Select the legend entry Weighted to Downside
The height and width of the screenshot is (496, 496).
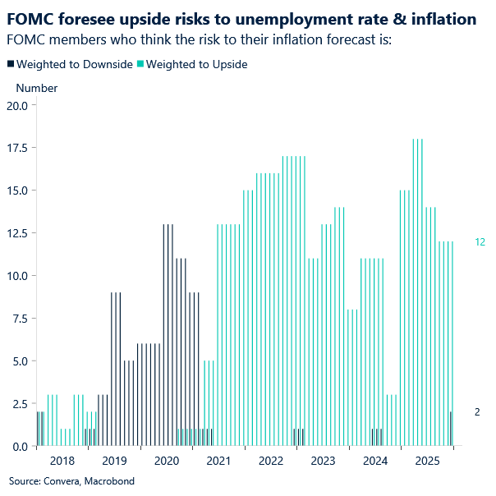click(74, 64)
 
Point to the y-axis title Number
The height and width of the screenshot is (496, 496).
click(37, 88)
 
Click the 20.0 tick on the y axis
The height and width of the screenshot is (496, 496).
click(17, 105)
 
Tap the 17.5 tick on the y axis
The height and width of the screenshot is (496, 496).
click(17, 148)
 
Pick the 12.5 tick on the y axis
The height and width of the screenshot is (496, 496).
click(17, 233)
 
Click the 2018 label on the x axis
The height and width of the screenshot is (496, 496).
click(62, 462)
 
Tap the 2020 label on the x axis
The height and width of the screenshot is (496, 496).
click(167, 462)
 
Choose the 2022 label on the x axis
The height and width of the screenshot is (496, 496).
click(271, 462)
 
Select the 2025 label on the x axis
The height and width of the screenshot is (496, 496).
click(427, 462)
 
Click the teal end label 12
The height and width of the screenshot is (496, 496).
click(480, 242)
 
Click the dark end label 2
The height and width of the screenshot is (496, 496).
click(478, 412)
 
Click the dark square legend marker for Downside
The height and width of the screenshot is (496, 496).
click(11, 64)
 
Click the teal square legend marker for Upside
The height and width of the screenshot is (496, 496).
click(140, 64)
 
